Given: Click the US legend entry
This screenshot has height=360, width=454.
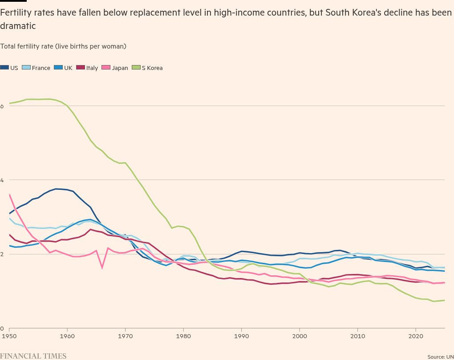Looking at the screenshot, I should [x=9, y=68].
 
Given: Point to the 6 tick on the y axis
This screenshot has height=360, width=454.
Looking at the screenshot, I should [x=2, y=106].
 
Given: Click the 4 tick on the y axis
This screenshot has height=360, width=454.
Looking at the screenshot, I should [x=2, y=180].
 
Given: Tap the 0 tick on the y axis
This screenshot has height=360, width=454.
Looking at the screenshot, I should [x=2, y=328].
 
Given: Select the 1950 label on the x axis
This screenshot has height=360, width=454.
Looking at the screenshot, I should [x=9, y=335].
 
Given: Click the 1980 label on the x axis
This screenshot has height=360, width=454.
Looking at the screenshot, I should [x=183, y=335].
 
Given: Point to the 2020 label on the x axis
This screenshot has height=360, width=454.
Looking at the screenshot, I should [x=416, y=335].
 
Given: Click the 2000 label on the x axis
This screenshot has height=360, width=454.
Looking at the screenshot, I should [x=300, y=335].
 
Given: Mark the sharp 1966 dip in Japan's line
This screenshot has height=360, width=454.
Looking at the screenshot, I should [x=102, y=268].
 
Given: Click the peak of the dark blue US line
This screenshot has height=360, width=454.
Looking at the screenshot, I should [x=57, y=189].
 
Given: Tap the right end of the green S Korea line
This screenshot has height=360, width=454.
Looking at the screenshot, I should [x=444, y=300].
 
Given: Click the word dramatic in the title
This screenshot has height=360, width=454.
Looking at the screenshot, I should [x=18, y=26].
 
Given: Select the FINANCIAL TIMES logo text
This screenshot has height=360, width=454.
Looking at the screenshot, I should [x=33, y=356].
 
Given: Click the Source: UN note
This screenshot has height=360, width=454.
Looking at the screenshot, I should [x=440, y=357].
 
